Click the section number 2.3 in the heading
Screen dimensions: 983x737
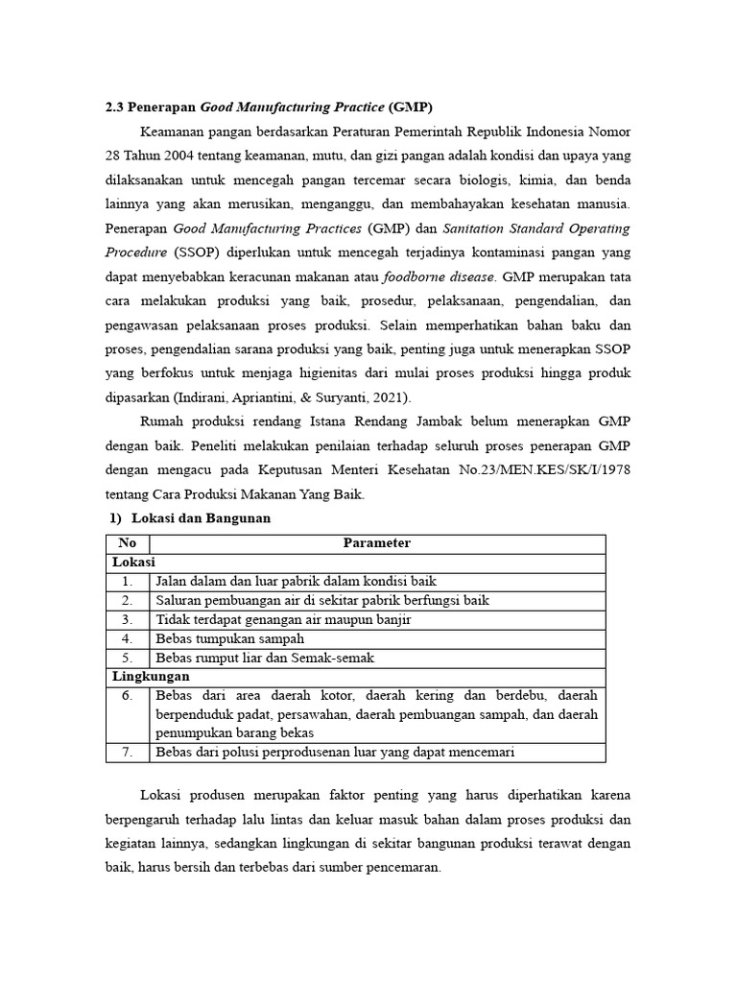click(x=115, y=106)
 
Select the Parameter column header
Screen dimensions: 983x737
click(x=377, y=543)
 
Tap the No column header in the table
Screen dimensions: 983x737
click(x=128, y=543)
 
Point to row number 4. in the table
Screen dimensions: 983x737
click(x=128, y=638)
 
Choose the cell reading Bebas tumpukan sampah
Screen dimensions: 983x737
click(x=229, y=638)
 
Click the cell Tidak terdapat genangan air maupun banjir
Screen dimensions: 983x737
click(x=283, y=619)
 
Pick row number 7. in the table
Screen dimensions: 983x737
click(x=128, y=753)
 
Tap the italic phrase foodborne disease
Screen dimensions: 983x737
click(x=440, y=277)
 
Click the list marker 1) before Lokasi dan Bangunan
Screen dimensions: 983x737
click(x=116, y=518)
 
